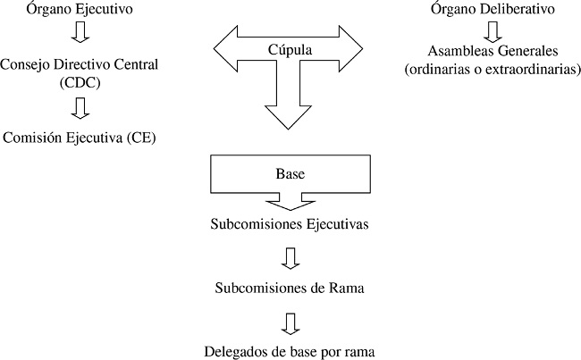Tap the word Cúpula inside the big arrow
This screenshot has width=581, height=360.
click(290, 50)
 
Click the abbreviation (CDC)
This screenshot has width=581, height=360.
click(80, 82)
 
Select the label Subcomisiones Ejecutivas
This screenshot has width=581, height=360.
click(290, 223)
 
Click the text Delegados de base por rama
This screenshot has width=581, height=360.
click(289, 350)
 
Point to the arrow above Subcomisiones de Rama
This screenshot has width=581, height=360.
click(289, 258)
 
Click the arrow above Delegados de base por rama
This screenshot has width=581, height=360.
click(289, 322)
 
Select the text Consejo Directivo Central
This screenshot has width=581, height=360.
click(80, 65)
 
